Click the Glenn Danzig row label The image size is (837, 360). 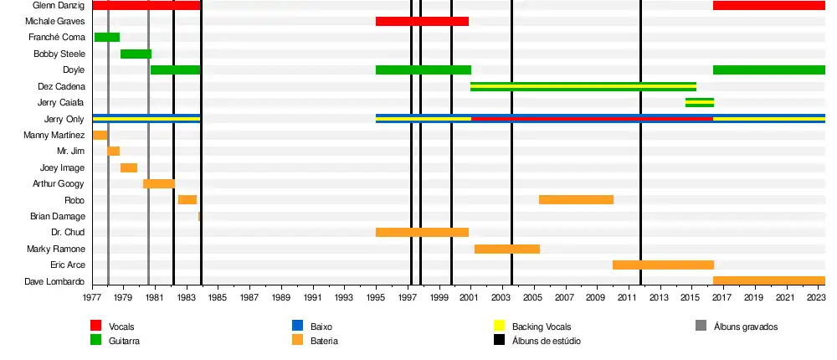59,5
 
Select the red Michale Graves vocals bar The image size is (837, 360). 422,21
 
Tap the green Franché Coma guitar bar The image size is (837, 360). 106,38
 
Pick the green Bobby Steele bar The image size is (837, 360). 136,54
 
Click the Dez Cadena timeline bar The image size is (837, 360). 583,86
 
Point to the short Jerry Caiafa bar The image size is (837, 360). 699,102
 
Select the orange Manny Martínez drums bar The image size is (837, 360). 100,135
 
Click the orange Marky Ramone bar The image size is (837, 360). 506,249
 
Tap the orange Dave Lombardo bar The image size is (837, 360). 768,281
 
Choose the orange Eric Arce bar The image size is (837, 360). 663,265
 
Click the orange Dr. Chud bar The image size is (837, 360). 422,233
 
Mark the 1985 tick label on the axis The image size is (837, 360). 218,297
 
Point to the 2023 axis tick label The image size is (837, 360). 817,297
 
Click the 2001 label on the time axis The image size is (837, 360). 470,297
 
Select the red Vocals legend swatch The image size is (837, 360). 96,326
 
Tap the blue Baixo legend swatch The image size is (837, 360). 297,326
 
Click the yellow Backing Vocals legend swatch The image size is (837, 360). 499,326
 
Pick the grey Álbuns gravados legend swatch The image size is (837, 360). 701,326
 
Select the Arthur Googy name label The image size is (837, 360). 58,183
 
